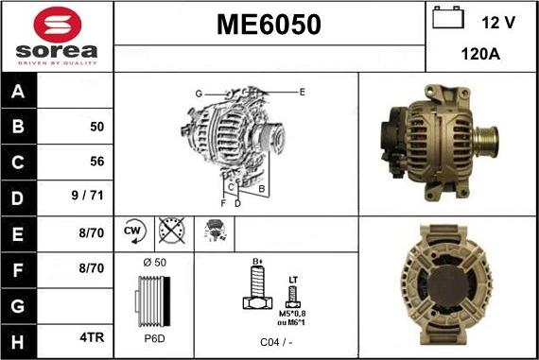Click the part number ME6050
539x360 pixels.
269,25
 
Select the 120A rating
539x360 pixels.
480,55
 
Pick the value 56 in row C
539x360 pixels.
96,162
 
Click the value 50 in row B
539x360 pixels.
96,126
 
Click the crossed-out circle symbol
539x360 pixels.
170,231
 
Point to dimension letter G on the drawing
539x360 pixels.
199,94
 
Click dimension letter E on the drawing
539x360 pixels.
302,92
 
